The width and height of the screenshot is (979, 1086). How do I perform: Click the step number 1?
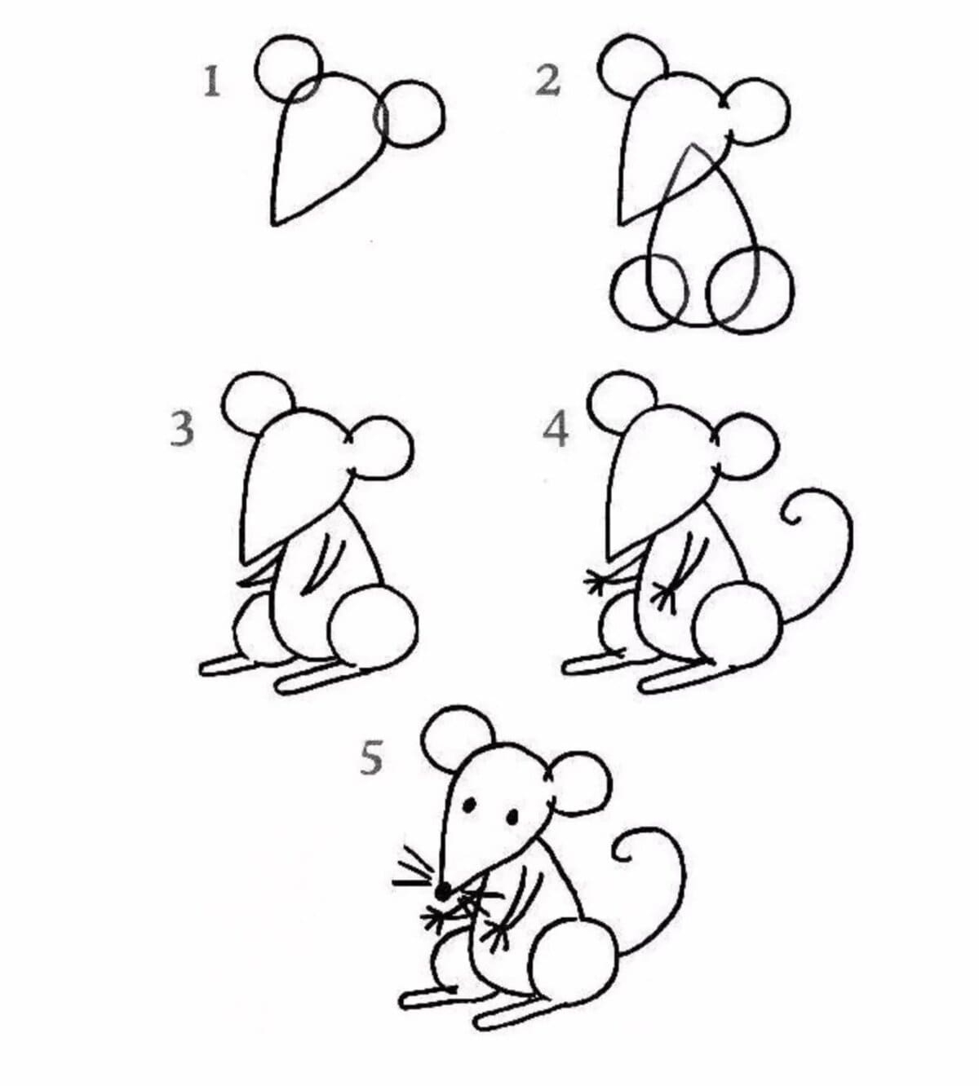coord(212,82)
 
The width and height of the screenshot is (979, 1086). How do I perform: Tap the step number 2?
coord(548,82)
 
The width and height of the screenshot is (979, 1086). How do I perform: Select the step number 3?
coord(182,429)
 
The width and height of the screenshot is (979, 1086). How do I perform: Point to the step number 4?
coord(556,429)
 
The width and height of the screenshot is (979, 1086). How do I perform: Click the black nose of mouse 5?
coord(443,890)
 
